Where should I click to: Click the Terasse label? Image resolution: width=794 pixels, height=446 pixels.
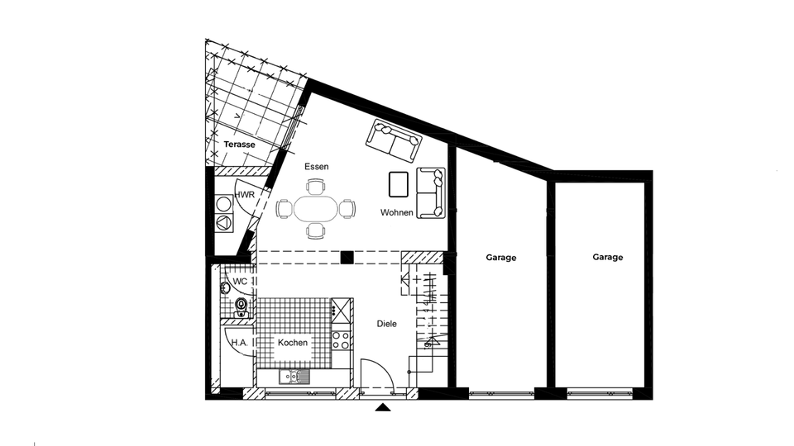click(x=239, y=145)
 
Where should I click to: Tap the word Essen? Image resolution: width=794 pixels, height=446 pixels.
click(x=316, y=167)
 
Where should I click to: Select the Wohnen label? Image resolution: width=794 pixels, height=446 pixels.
click(x=396, y=213)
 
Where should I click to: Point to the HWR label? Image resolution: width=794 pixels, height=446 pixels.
click(x=245, y=195)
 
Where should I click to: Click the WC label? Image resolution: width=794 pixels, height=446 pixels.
click(x=240, y=282)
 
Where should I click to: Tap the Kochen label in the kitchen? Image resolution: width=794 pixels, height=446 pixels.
click(x=293, y=343)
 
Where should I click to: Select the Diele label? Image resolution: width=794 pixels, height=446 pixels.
click(x=387, y=325)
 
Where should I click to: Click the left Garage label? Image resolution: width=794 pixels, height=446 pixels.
click(x=501, y=258)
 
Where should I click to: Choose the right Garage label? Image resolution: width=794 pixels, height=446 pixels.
click(x=607, y=258)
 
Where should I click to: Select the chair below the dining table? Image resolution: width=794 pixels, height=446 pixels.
click(x=315, y=230)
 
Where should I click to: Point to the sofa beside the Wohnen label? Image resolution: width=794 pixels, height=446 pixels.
click(x=431, y=193)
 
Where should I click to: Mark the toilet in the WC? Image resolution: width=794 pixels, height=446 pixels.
click(x=242, y=307)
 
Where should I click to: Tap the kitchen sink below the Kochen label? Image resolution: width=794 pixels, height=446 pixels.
click(x=293, y=377)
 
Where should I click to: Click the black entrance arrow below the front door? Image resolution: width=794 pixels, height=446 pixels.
click(x=383, y=406)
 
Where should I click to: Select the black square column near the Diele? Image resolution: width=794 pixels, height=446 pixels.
click(x=347, y=257)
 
